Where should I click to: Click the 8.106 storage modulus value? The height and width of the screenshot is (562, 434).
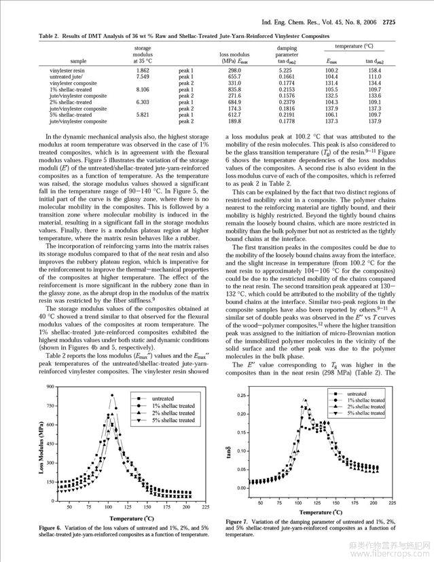[x=143, y=89]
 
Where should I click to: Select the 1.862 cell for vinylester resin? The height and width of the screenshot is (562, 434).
[x=143, y=71]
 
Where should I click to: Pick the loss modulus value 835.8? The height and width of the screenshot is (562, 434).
[x=234, y=89]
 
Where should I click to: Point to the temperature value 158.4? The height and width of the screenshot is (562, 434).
[x=374, y=71]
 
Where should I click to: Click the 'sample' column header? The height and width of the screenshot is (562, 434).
[x=78, y=61]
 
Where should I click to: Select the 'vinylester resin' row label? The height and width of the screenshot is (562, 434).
[x=67, y=71]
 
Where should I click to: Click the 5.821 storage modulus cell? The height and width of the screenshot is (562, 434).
[x=143, y=115]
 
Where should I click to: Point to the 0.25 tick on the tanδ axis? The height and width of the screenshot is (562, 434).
[x=240, y=395]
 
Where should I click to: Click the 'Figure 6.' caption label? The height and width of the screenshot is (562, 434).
[x=54, y=527]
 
